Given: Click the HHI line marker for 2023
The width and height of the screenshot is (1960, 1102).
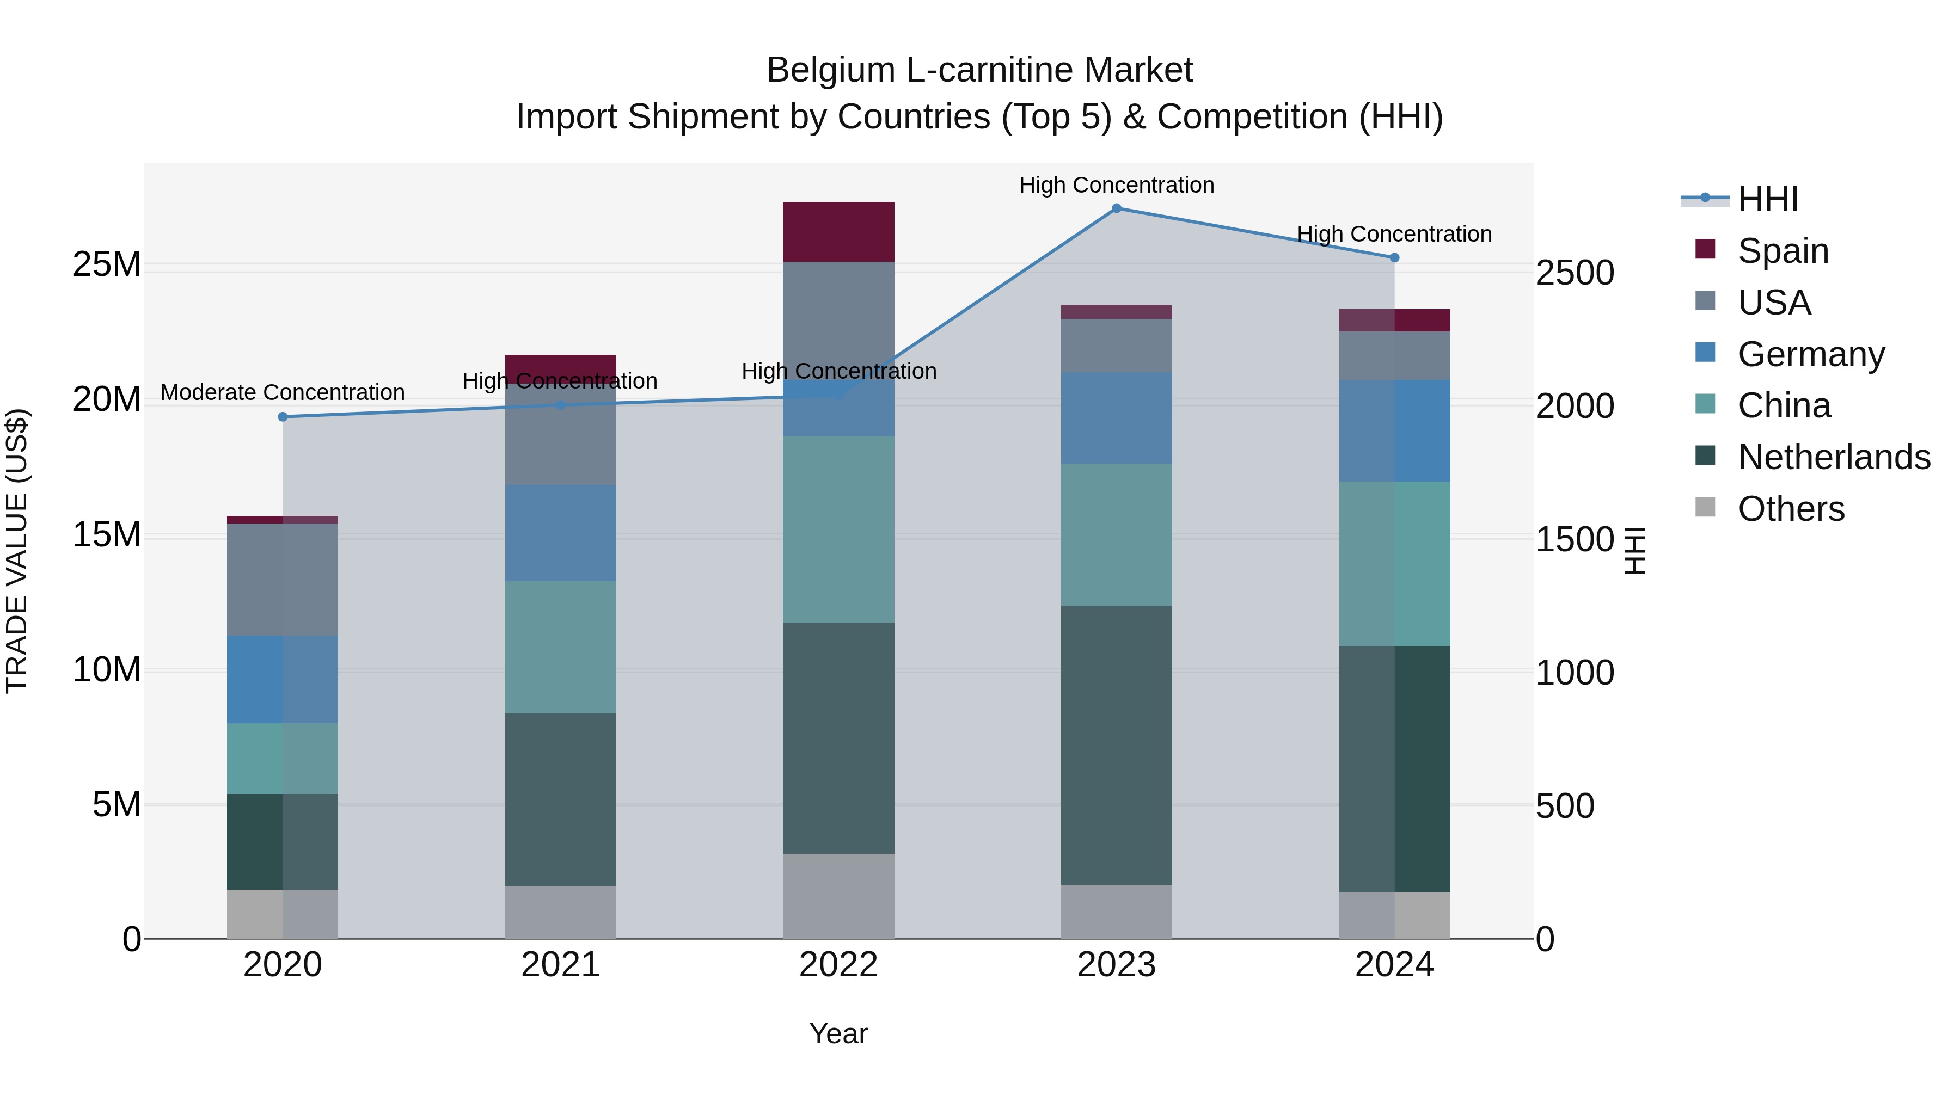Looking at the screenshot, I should tap(1116, 208).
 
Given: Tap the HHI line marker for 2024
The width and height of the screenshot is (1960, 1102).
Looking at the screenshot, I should tap(1394, 258).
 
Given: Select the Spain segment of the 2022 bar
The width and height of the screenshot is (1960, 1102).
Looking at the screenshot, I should tap(838, 232).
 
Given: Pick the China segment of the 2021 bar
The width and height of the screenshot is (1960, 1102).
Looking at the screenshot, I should tap(560, 647).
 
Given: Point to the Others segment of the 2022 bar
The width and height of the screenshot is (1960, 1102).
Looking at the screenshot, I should tap(838, 896).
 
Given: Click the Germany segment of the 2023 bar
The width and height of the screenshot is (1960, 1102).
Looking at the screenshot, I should tap(1116, 418).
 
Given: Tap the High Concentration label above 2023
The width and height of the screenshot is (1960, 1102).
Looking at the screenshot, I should tap(1116, 185).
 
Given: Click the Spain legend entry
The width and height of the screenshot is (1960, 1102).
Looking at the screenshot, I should tap(1783, 250).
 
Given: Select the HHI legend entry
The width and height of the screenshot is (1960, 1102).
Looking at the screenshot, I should tap(1767, 199).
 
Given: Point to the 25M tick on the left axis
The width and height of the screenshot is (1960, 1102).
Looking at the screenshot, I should tap(107, 264).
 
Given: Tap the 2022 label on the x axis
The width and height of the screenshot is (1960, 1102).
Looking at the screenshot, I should tap(838, 965).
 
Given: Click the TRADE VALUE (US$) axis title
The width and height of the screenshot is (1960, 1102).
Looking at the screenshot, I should tap(17, 551).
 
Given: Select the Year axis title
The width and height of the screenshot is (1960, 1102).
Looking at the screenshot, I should tap(838, 1033).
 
